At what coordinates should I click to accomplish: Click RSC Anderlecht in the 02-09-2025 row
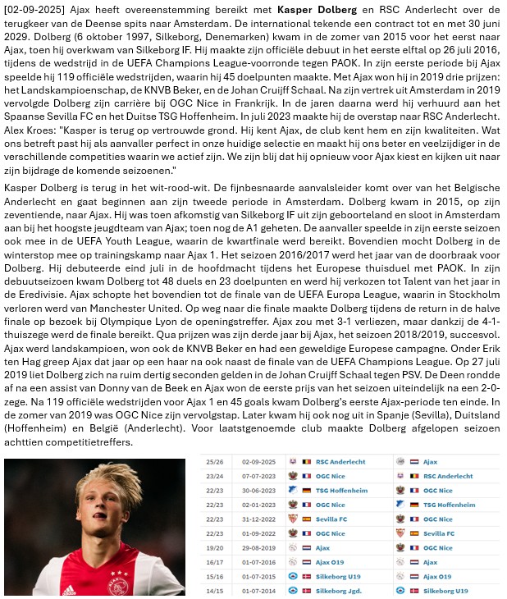pyautogui.click(x=342, y=462)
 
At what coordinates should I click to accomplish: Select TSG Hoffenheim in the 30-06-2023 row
pyautogui.click(x=344, y=490)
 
